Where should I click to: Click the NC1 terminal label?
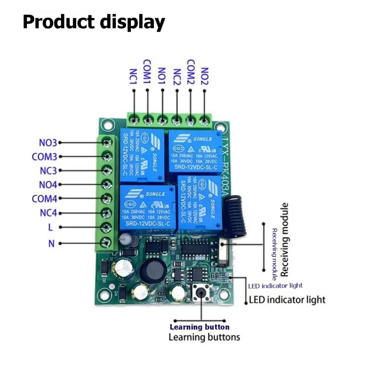click(x=134, y=77)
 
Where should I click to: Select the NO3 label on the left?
click(x=48, y=143)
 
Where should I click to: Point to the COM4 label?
click(x=44, y=199)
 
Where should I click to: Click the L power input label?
click(x=50, y=227)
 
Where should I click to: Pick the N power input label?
click(x=51, y=244)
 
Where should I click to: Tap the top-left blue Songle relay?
click(x=142, y=155)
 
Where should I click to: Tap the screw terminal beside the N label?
click(x=106, y=242)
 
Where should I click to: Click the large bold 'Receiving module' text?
click(x=284, y=240)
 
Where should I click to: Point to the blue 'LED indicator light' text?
click(x=275, y=286)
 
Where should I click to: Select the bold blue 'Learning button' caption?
click(x=200, y=327)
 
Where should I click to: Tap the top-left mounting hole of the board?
click(x=107, y=124)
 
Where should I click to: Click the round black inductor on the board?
click(x=153, y=269)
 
